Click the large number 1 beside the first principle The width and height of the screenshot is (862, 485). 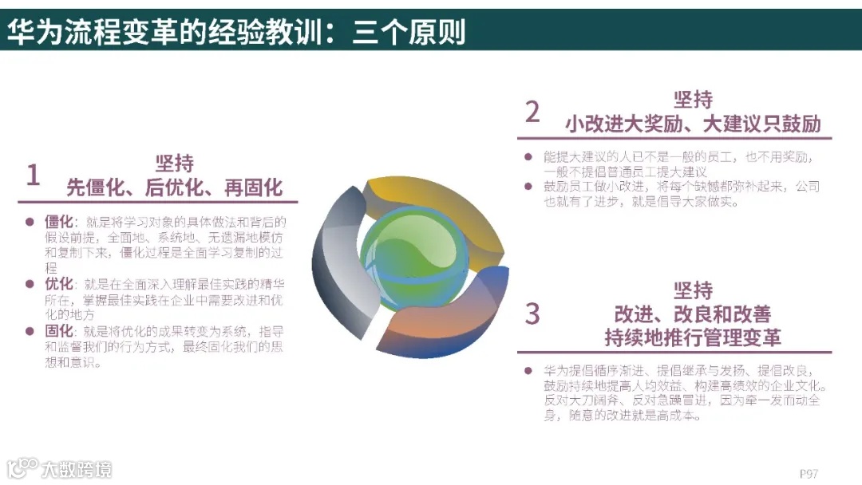33,175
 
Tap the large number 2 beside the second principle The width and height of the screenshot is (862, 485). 532,112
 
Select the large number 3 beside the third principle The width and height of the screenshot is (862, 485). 532,313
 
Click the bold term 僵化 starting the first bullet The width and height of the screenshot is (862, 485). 60,221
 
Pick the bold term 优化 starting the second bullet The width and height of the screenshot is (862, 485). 60,283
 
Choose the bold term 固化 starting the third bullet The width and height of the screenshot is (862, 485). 60,331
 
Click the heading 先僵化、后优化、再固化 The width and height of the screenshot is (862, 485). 174,187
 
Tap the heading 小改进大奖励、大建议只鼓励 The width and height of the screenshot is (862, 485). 693,124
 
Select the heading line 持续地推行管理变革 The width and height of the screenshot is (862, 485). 693,337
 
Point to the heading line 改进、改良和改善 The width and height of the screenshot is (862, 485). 693,313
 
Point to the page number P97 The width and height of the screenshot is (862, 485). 809,472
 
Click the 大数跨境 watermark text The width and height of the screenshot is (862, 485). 77,469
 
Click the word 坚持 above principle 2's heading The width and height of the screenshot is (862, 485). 693,100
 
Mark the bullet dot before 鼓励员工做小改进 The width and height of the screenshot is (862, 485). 528,187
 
